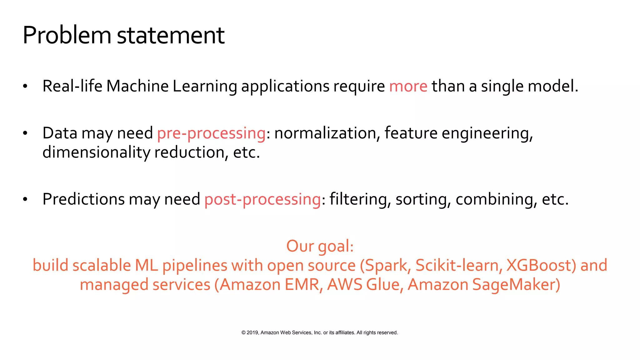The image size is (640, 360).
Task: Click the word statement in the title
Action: (x=171, y=35)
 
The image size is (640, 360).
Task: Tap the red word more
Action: (x=408, y=86)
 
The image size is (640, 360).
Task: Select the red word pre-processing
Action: (x=211, y=133)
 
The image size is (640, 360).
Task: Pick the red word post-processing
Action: (x=262, y=199)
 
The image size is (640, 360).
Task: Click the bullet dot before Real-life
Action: (x=25, y=86)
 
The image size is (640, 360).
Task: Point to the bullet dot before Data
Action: (x=25, y=133)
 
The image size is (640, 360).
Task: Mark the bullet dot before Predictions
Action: (x=25, y=199)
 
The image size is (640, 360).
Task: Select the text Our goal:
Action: (x=320, y=246)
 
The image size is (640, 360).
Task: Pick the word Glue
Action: (x=382, y=285)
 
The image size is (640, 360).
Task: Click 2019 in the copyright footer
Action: (x=252, y=332)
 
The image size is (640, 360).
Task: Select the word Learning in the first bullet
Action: (x=205, y=86)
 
